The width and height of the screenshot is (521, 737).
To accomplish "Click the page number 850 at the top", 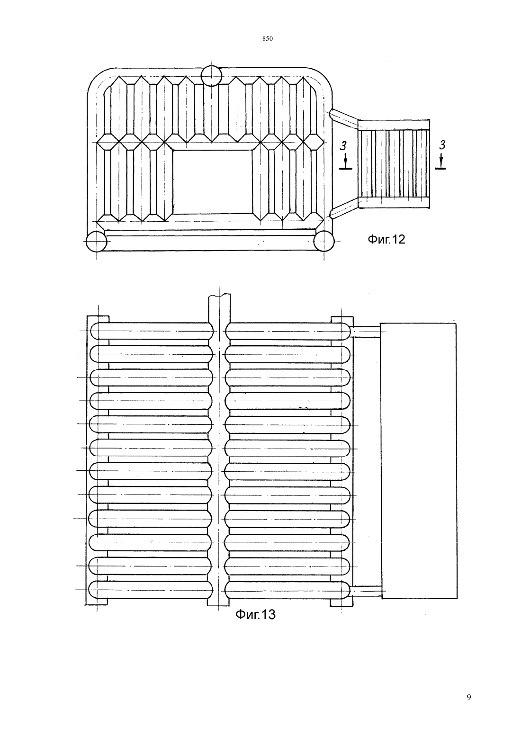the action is (x=268, y=39).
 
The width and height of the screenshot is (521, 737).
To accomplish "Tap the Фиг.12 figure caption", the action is (x=386, y=239).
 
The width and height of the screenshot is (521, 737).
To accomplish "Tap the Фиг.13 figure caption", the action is (x=256, y=614).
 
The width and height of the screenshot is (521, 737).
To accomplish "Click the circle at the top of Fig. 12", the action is (x=211, y=76).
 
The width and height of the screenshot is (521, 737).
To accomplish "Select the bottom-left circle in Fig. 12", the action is (x=96, y=241).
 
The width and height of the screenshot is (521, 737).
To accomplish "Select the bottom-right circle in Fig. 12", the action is (x=324, y=241).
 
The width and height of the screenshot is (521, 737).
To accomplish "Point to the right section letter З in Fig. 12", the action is (x=442, y=144).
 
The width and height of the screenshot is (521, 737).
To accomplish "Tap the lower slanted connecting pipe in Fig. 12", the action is (x=344, y=208).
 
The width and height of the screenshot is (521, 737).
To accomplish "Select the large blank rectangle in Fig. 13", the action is (x=419, y=460).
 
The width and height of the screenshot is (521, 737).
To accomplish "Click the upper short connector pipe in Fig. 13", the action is (x=365, y=332).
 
